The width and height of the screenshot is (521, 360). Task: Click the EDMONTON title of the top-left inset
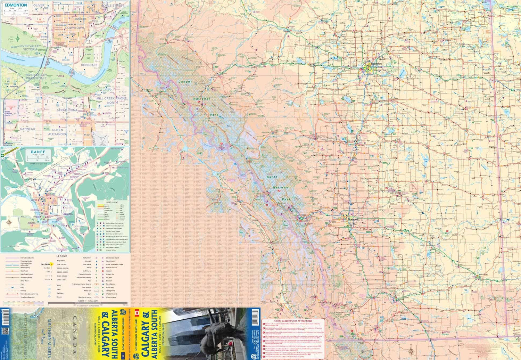(x=16, y=5)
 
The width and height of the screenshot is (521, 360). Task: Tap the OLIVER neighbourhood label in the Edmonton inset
(x=39, y=6)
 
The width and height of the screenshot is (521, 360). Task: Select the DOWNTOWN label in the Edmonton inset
(x=75, y=28)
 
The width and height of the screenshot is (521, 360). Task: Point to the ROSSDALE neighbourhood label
(x=89, y=65)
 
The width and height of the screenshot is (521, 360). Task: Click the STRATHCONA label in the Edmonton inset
(x=67, y=110)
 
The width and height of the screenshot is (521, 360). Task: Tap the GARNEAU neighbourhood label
(x=27, y=129)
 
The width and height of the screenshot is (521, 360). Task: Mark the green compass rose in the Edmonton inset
(x=18, y=39)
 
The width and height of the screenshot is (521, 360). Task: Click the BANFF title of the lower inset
(x=38, y=152)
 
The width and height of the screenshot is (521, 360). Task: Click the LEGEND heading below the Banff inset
(x=62, y=256)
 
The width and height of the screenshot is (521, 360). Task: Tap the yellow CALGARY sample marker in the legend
(x=51, y=264)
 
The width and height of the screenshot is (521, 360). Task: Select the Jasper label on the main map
(x=185, y=82)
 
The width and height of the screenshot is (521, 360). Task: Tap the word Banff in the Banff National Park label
(x=272, y=177)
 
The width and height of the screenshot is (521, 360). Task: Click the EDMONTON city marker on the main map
(x=368, y=67)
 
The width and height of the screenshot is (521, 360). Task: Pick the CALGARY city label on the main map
(x=353, y=220)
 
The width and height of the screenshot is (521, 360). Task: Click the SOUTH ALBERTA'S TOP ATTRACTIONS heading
(x=293, y=321)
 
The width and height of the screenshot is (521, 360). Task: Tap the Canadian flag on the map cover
(x=137, y=312)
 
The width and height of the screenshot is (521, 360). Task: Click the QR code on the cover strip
(x=5, y=331)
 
